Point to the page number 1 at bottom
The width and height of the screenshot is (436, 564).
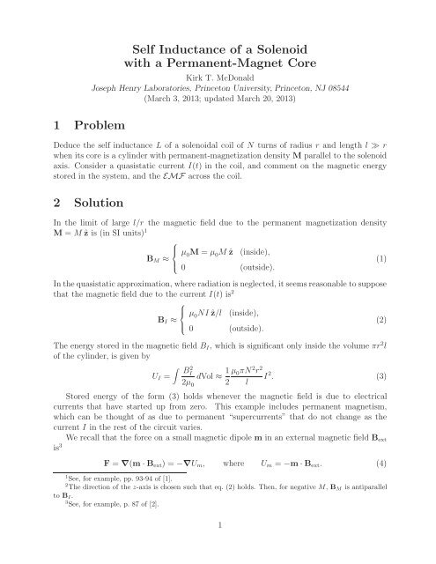point(218,546)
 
